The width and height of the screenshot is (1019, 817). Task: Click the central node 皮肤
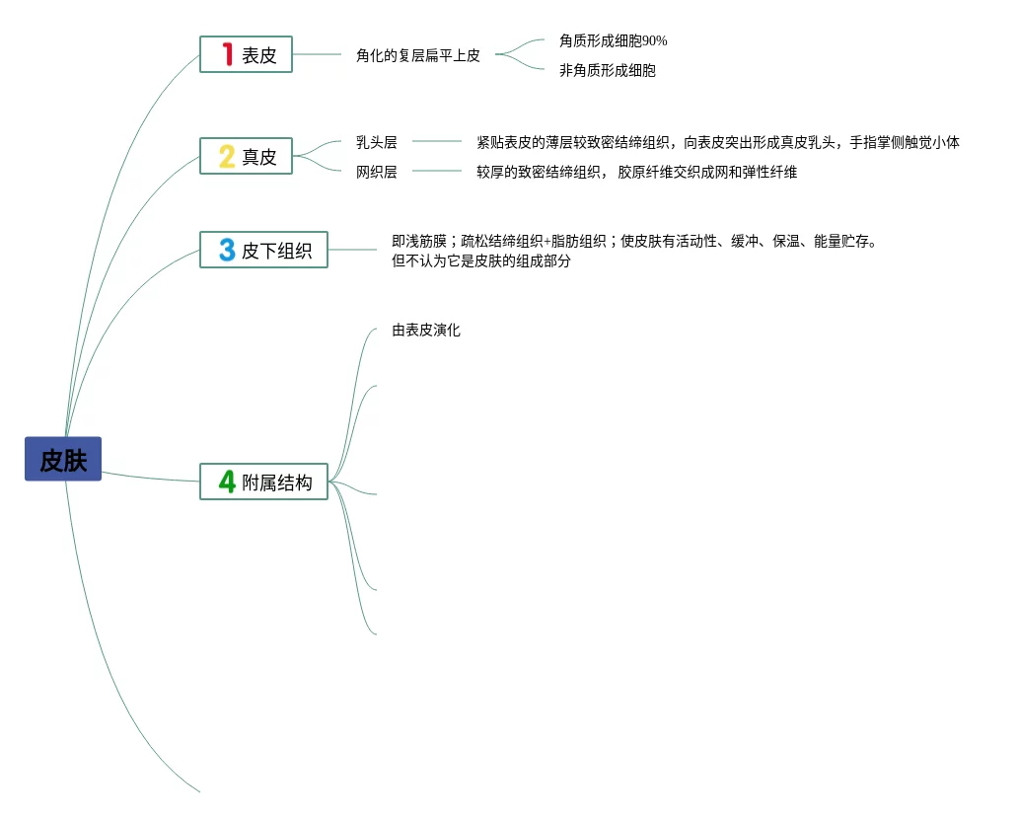(63, 459)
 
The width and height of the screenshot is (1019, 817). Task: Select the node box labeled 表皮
(246, 54)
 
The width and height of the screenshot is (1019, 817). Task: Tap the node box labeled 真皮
(246, 156)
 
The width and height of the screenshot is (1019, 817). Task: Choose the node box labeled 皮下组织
(263, 250)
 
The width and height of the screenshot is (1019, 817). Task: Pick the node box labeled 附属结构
(263, 482)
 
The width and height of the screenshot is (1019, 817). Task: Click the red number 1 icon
(227, 54)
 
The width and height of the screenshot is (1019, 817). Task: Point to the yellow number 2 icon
(227, 156)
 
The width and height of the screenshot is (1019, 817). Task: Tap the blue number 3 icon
(227, 250)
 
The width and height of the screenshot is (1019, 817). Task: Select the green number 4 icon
(227, 482)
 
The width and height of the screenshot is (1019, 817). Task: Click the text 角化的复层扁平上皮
(418, 55)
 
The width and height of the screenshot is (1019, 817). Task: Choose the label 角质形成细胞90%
(613, 40)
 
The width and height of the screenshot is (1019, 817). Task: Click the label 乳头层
(376, 142)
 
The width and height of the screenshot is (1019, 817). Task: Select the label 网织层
(376, 172)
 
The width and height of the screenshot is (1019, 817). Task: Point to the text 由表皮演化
(426, 330)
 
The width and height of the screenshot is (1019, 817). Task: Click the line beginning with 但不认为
(481, 261)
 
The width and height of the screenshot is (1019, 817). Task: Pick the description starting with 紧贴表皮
(717, 142)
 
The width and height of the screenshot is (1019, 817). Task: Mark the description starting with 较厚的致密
(636, 172)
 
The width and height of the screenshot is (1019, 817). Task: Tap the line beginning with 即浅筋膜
(633, 241)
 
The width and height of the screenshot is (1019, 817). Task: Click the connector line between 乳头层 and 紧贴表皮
(437, 141)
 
